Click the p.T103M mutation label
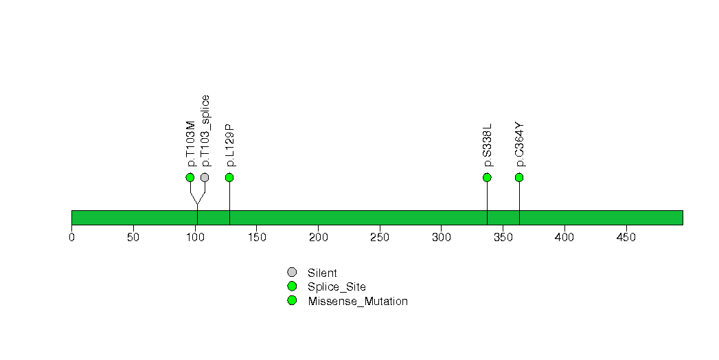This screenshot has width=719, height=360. coord(191,144)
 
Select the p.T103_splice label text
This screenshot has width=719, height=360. coord(205,131)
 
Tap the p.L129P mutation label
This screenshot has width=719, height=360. coord(230,145)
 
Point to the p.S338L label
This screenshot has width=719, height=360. coord(488,145)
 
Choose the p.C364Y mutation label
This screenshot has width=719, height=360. coord(520,144)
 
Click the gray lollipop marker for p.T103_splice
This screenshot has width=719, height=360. coord(205,177)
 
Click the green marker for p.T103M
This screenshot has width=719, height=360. coord(190,177)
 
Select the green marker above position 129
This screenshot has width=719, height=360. coord(230,177)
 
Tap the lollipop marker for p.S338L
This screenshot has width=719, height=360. coord(487,177)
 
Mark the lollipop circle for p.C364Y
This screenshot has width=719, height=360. coord(519,177)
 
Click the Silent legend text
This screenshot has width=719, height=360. coord(322,273)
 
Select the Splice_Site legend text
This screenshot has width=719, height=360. coord(337,287)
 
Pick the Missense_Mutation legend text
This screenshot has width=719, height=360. coord(358,302)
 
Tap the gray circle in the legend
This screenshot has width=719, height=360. coord(292,273)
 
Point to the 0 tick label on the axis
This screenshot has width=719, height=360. coord(71,237)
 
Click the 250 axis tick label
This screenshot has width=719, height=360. coord(380,237)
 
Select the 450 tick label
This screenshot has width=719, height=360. coord(626,237)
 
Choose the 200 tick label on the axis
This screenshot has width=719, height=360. coord(318,237)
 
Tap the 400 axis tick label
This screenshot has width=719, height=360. coord(564,237)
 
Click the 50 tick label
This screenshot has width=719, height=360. coord(133,237)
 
